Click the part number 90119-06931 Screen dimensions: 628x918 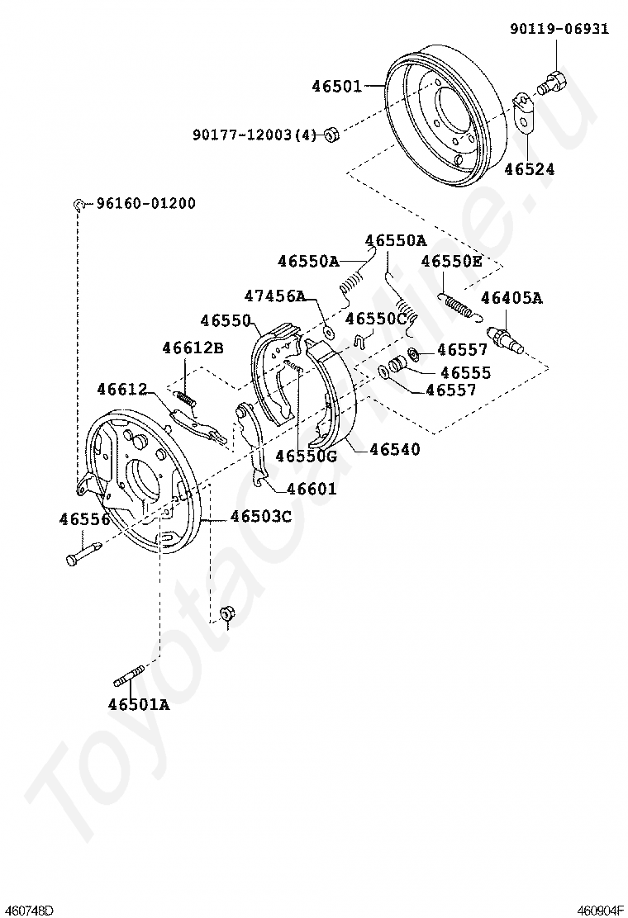coord(559,29)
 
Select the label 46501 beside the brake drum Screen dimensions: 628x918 coord(336,86)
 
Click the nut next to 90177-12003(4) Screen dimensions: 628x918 coord(331,135)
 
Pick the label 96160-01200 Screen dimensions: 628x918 coord(146,204)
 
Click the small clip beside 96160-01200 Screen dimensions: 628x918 coord(79,205)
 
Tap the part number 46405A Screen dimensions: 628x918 coord(511,298)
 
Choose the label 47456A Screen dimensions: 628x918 coord(274,296)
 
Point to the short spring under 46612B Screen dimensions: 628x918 coord(186,399)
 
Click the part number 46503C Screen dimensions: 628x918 coord(261,517)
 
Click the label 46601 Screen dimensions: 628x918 coord(312,488)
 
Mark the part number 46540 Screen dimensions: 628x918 coord(395,449)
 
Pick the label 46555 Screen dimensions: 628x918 coord(466,373)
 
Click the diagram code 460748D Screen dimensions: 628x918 coord(28,910)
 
